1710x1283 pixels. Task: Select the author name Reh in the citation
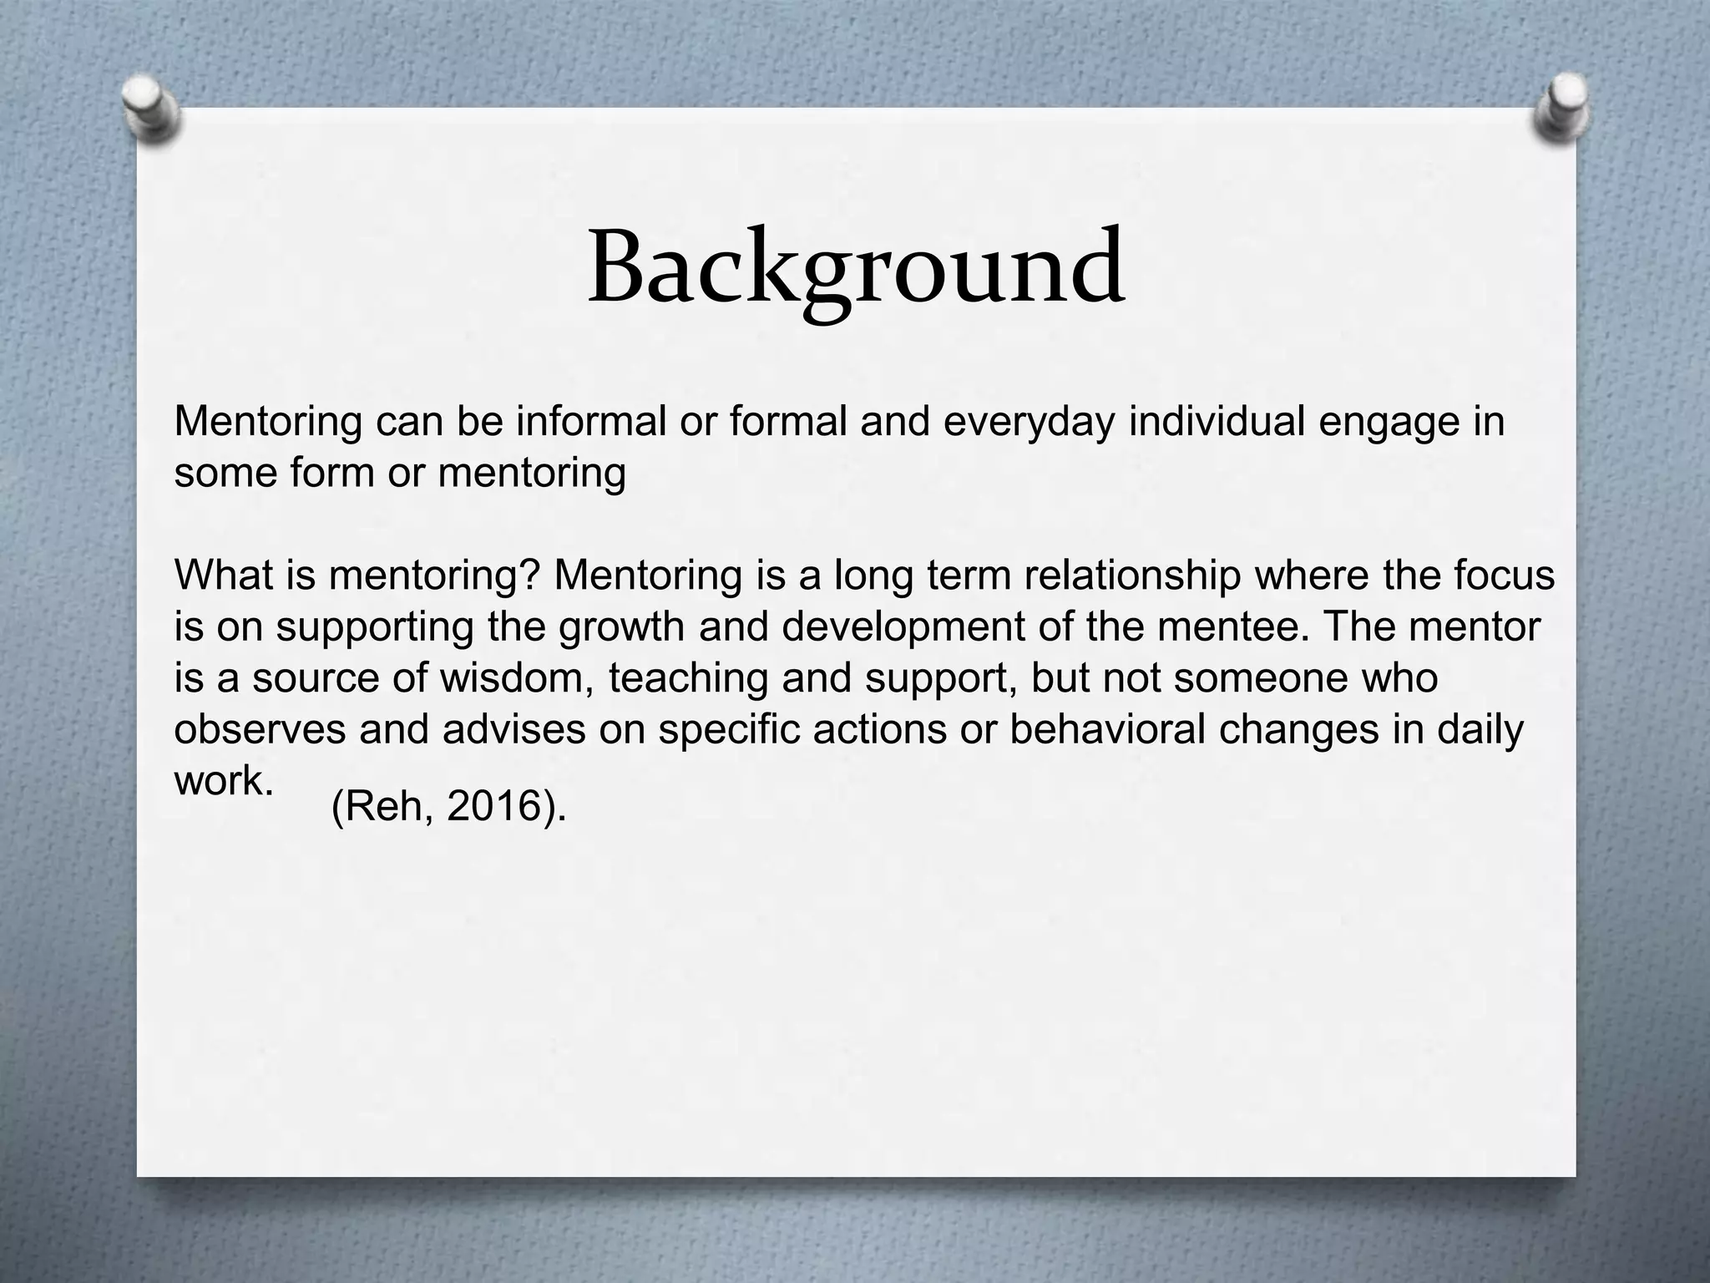pyautogui.click(x=388, y=807)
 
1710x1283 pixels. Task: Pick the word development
pyautogui.click(x=902, y=627)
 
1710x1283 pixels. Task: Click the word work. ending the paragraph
pyautogui.click(x=224, y=781)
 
